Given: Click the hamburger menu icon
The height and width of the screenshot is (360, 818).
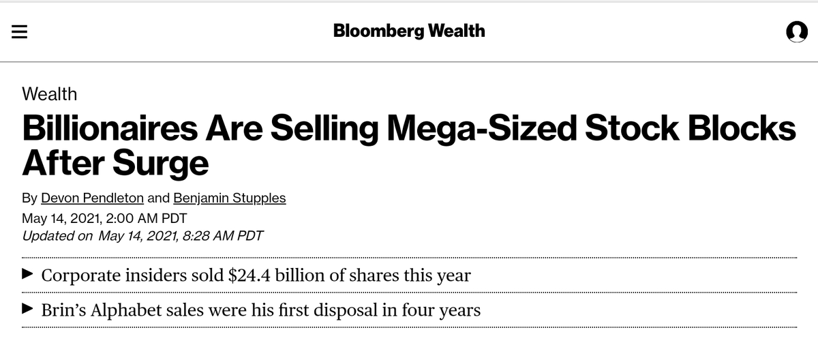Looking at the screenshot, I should tap(19, 32).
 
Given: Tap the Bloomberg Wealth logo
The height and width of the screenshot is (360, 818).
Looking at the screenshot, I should tap(409, 31).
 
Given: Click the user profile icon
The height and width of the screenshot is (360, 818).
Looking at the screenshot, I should tap(796, 31).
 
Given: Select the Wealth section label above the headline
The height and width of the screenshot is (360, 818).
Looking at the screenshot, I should tap(50, 94).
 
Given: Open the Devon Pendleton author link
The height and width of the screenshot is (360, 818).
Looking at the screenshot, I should tap(92, 198).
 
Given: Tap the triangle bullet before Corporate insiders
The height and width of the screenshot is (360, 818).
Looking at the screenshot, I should tap(27, 275).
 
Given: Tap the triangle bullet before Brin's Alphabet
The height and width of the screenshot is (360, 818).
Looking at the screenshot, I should tap(27, 310).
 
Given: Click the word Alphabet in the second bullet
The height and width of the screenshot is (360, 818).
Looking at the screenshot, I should tap(130, 310).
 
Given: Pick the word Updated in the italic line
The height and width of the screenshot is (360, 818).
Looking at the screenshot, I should tap(47, 236).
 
